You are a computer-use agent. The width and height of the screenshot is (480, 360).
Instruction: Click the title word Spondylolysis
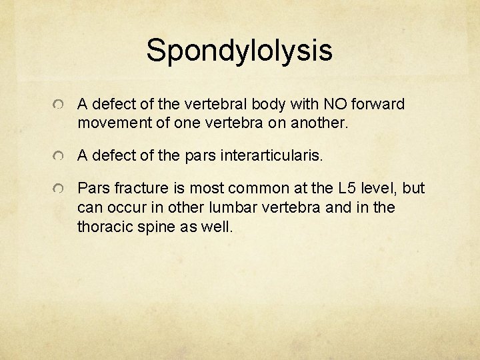(239, 51)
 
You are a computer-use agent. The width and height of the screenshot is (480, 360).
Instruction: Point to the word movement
(110, 123)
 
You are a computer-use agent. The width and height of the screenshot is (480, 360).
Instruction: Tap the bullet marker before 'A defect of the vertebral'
(60, 105)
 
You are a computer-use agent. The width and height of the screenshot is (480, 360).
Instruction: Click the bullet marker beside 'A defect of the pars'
(60, 157)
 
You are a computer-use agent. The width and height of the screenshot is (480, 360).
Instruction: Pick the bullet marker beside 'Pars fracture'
(60, 190)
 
